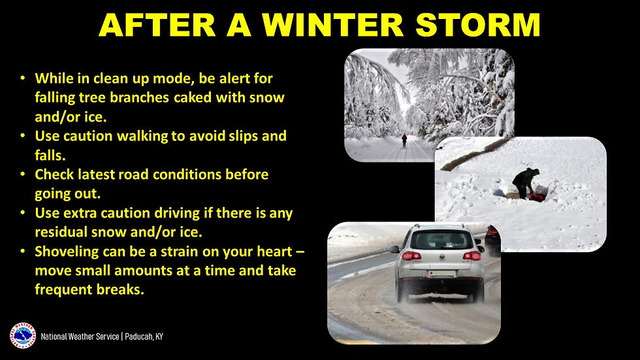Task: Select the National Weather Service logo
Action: click(x=22, y=336)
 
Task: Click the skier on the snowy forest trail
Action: click(x=404, y=140)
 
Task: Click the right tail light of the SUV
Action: click(x=472, y=255)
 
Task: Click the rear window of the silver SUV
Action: click(x=441, y=239)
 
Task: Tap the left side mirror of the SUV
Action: click(x=394, y=249)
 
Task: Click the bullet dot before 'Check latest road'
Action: click(x=23, y=175)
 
